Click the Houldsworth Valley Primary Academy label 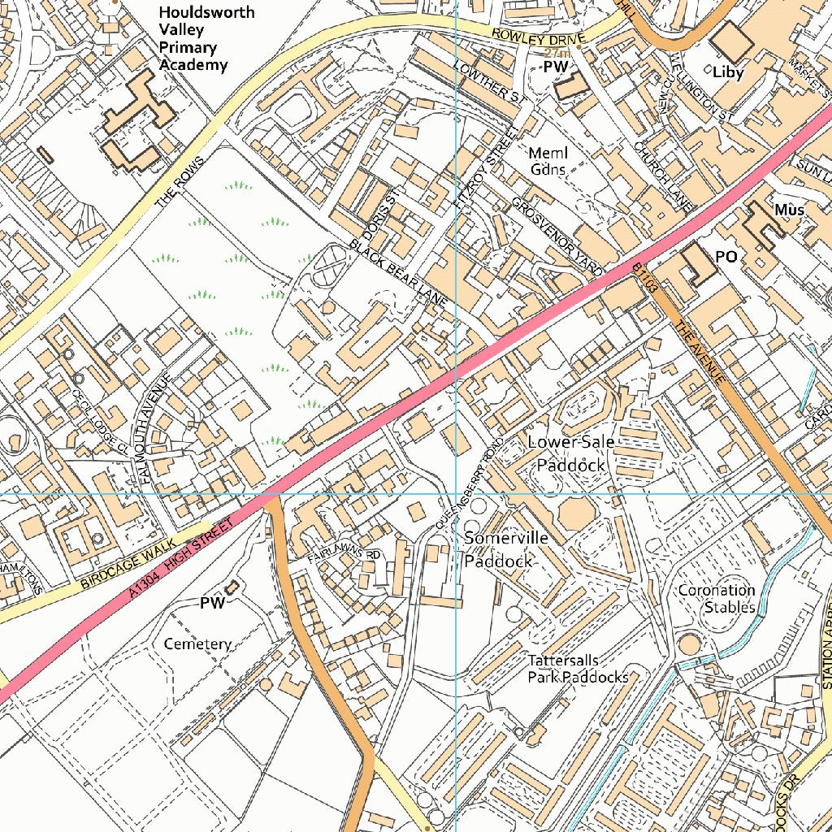206,38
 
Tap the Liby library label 727,72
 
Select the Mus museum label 788,210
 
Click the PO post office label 726,257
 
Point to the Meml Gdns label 548,161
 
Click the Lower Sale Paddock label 571,453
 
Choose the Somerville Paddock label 505,549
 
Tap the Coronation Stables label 717,598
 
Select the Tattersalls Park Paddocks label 578,669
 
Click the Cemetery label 197,643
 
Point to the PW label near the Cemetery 212,603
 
